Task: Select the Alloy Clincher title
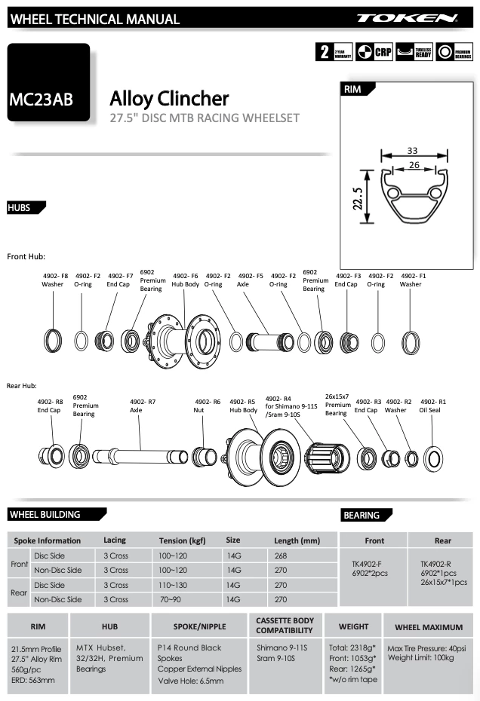169,98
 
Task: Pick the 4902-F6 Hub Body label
185,280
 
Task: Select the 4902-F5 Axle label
250,280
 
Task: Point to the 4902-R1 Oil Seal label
432,406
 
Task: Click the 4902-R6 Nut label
207,406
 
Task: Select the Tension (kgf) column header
182,540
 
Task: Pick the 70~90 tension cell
171,599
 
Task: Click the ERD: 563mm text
33,680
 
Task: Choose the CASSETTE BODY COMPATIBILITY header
285,626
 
